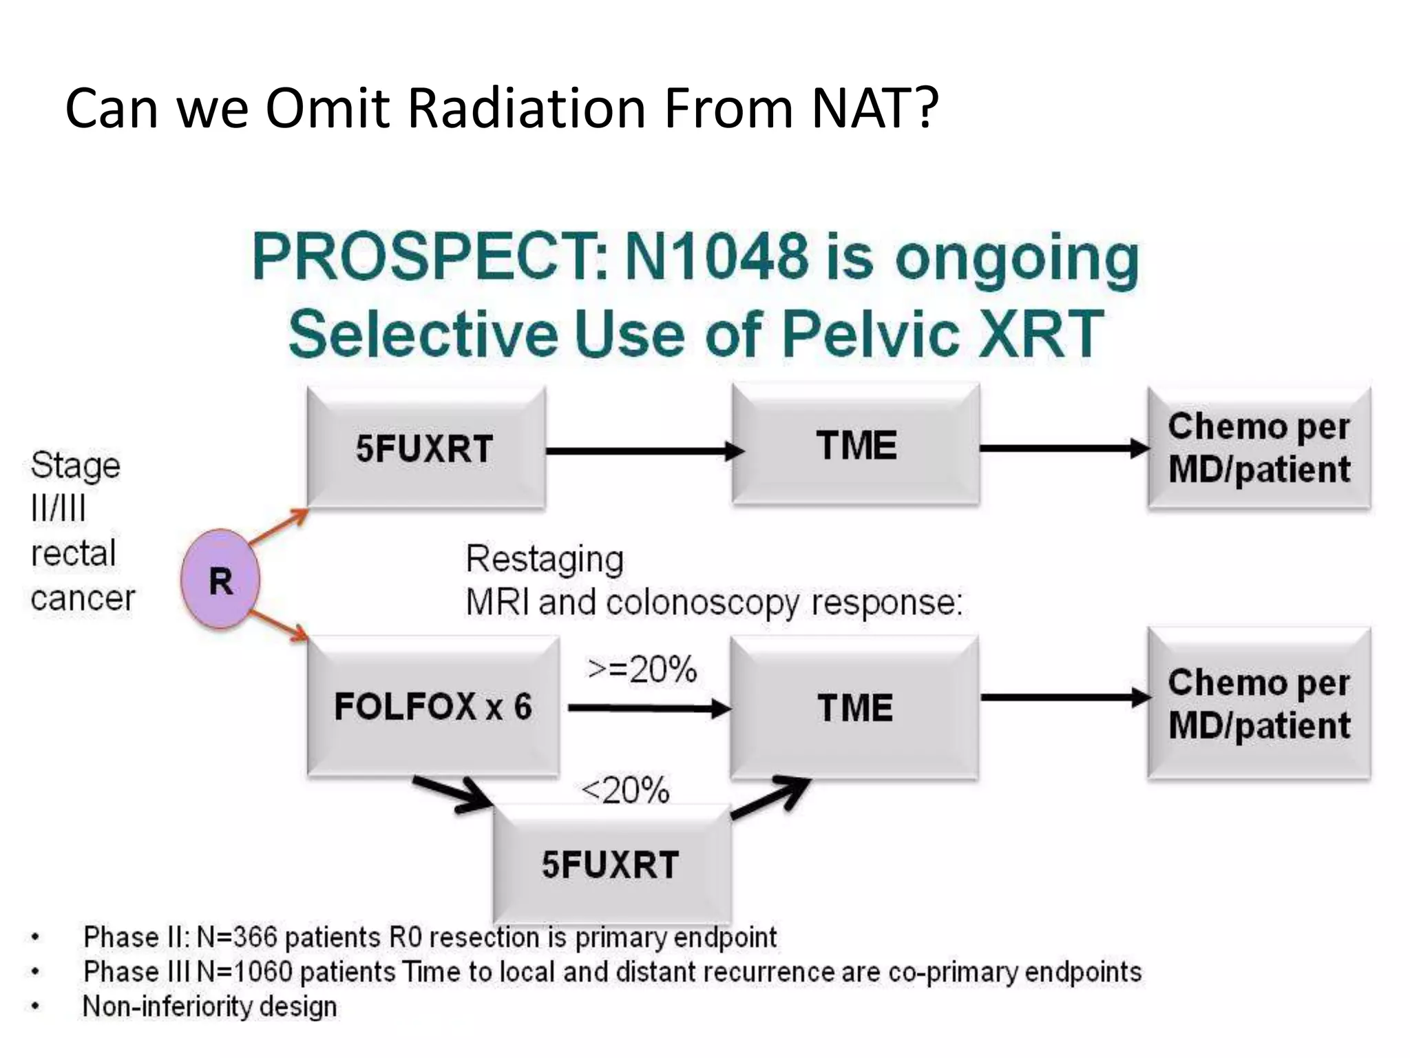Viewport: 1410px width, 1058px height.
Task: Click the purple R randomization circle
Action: [x=220, y=579]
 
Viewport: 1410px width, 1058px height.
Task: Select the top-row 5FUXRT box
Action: [x=425, y=448]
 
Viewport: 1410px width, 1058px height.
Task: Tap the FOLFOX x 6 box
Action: [x=433, y=707]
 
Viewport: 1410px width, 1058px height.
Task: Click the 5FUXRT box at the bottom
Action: [x=611, y=864]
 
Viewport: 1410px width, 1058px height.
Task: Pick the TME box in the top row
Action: [x=856, y=446]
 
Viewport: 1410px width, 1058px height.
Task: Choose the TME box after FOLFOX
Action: [x=854, y=708]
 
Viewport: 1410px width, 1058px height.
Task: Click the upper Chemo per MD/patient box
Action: [x=1259, y=448]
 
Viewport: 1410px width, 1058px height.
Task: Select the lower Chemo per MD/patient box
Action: [x=1259, y=704]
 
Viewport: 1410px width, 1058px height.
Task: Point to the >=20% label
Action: [x=642, y=670]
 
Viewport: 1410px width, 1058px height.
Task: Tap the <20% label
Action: [x=625, y=790]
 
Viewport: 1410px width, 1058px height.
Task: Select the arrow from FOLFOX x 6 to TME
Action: [x=647, y=708]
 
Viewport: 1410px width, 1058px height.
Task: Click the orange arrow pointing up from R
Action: [x=278, y=527]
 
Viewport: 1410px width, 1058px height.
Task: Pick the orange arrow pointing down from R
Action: [x=278, y=625]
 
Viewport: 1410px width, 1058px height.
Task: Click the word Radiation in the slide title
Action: [x=526, y=109]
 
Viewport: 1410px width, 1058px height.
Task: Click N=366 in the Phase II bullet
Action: [x=237, y=937]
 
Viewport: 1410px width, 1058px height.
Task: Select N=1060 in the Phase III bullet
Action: [x=244, y=972]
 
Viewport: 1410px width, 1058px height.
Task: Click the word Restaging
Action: [x=545, y=559]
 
